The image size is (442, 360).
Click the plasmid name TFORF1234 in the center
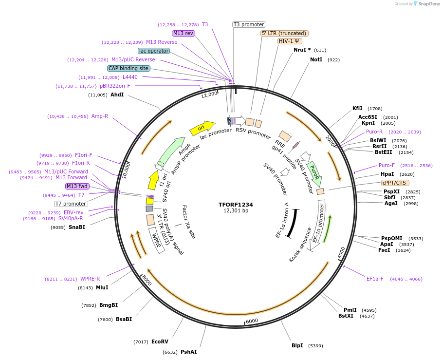[236, 205]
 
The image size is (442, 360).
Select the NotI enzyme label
[316, 60]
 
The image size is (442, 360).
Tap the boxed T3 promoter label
[249, 24]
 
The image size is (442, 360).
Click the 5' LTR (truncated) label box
[284, 33]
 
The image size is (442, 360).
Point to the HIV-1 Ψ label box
[290, 41]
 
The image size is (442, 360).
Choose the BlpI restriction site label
[297, 345]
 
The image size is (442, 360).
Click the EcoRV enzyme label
[160, 342]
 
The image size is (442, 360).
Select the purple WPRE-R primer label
[90, 279]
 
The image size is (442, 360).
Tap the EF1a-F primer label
[375, 279]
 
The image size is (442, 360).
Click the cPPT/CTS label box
[395, 183]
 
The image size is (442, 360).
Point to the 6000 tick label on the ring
[252, 321]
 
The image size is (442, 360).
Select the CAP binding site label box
[129, 69]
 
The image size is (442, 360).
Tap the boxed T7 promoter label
[71, 204]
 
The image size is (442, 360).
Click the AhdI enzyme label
[117, 95]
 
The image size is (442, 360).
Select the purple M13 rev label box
[184, 33]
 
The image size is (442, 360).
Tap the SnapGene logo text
[427, 4]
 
